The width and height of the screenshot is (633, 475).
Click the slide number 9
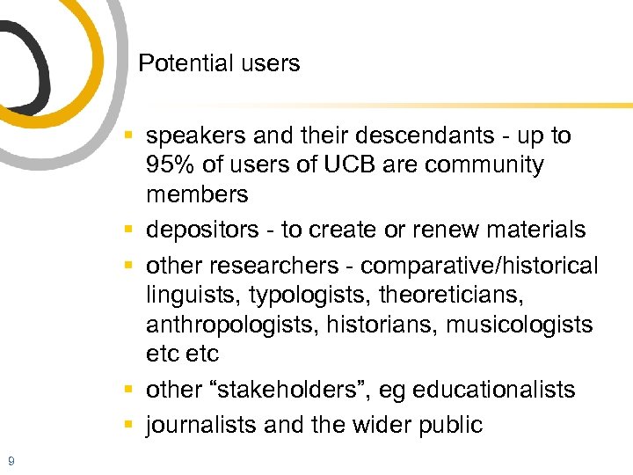click(10, 460)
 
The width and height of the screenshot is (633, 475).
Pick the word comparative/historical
click(479, 266)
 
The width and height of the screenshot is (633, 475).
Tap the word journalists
click(200, 425)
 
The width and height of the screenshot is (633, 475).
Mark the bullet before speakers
click(128, 136)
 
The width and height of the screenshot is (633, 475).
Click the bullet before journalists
click(128, 425)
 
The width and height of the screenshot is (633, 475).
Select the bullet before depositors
click(128, 230)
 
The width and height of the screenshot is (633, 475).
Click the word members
click(197, 194)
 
